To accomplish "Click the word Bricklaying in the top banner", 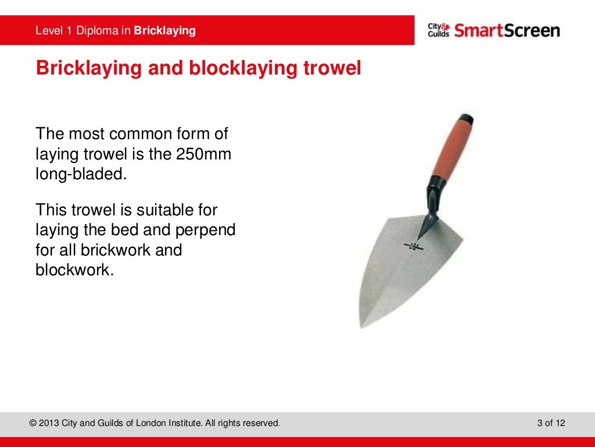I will point(164,30).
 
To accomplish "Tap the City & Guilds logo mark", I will point(438,30).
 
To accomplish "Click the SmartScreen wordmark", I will point(507,30).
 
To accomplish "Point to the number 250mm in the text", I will point(207,154).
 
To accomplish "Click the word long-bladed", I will point(81,174).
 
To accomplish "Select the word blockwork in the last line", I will point(72,270).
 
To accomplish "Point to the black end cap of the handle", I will point(466,119).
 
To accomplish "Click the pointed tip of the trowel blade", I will point(362,327).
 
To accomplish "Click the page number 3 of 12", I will point(551,423).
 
